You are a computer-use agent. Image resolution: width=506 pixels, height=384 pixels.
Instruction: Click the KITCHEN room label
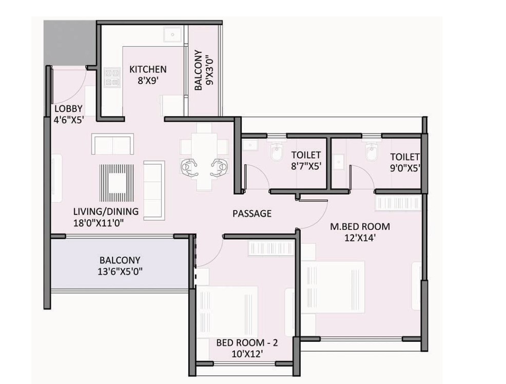pyautogui.click(x=148, y=69)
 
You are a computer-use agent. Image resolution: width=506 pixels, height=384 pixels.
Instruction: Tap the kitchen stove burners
pyautogui.click(x=112, y=78)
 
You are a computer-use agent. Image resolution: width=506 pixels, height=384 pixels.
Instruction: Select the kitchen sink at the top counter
pyautogui.click(x=172, y=34)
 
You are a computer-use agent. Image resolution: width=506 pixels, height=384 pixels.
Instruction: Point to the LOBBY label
pyautogui.click(x=68, y=109)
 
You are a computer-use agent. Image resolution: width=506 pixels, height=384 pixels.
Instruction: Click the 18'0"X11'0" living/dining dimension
pyautogui.click(x=99, y=223)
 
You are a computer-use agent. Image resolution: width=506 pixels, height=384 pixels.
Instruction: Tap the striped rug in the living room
pyautogui.click(x=116, y=183)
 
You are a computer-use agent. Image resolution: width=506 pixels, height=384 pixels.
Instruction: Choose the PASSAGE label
pyautogui.click(x=252, y=214)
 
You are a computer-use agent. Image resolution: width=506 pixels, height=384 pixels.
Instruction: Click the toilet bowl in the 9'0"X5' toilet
pyautogui.click(x=371, y=152)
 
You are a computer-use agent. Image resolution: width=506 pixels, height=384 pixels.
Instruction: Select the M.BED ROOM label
pyautogui.click(x=360, y=226)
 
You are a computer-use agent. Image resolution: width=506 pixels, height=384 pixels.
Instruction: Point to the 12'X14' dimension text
pyautogui.click(x=360, y=238)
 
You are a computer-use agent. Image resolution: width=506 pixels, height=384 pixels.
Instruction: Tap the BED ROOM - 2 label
pyautogui.click(x=247, y=342)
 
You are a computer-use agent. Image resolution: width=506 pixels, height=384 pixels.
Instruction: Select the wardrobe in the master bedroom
pyautogui.click(x=398, y=203)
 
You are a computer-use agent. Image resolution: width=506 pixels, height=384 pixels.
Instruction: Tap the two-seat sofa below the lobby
pyautogui.click(x=112, y=144)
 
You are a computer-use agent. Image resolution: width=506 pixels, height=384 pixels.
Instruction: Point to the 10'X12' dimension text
pyautogui.click(x=247, y=354)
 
